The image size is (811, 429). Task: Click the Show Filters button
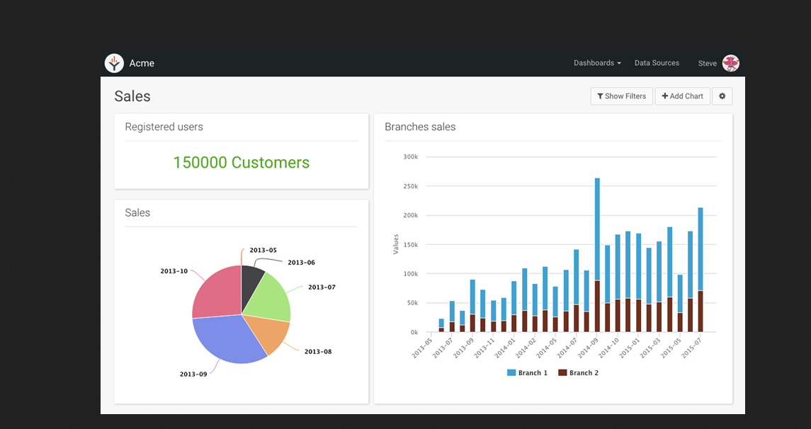click(621, 96)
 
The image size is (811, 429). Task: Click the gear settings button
click(722, 96)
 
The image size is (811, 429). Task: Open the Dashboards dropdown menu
click(596, 63)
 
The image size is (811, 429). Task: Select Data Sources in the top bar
click(657, 63)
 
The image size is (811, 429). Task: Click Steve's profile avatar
click(730, 63)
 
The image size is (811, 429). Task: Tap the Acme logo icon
click(114, 63)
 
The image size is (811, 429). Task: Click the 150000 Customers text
click(241, 163)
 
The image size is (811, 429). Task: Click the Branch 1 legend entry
click(528, 373)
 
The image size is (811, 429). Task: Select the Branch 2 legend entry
click(579, 373)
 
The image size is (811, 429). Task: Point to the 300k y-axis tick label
click(410, 156)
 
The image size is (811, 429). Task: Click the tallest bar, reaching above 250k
click(597, 227)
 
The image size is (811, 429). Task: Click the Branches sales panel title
click(420, 127)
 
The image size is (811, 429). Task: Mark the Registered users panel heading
click(164, 127)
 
